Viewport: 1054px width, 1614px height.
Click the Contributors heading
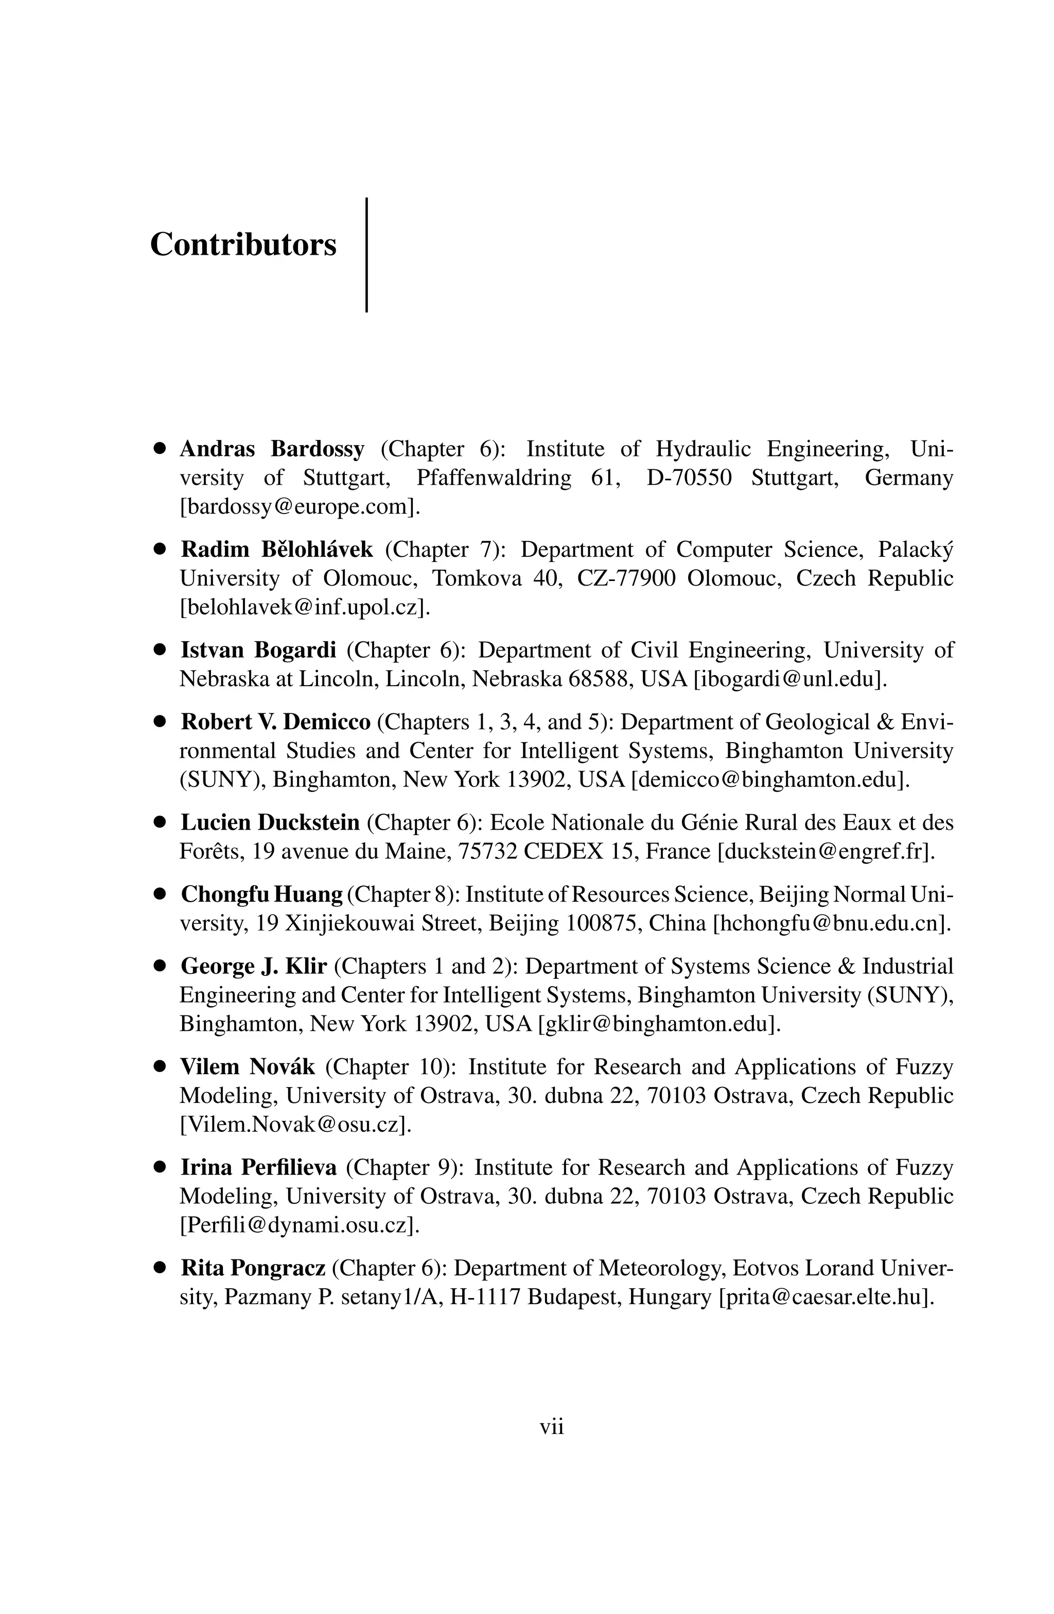[x=243, y=244]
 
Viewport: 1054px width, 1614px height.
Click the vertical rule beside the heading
[x=366, y=254]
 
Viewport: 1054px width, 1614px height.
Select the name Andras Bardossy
[x=272, y=449]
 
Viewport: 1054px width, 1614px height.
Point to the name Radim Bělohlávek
[x=277, y=549]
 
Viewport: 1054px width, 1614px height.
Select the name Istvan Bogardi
[x=258, y=650]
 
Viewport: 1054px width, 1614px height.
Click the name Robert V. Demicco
[x=275, y=722]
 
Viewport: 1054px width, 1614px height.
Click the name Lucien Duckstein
[x=270, y=822]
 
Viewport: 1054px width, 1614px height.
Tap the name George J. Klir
[x=254, y=967]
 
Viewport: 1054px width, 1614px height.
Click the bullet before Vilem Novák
[x=160, y=1067]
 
